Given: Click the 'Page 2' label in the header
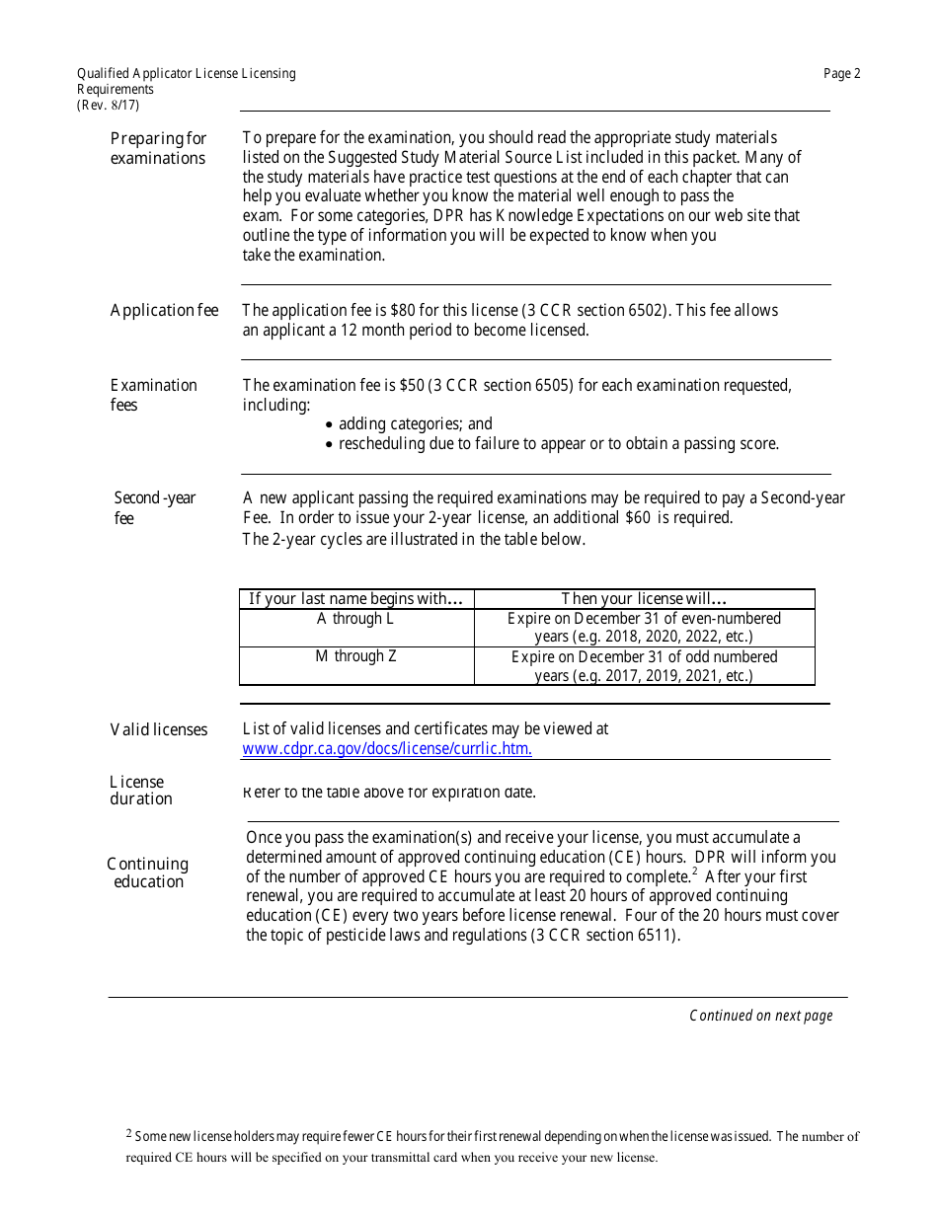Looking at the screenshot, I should point(841,73).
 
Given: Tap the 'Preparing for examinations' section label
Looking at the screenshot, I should point(158,148).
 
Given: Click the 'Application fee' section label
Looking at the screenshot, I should point(164,311).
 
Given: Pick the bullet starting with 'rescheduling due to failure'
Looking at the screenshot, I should point(558,444).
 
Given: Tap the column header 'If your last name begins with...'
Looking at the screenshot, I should point(355,599).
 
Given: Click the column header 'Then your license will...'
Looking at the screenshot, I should point(644,599).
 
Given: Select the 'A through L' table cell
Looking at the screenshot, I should point(355,619).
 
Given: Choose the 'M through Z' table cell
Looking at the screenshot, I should point(355,656).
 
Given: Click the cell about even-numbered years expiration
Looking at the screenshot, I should point(644,628).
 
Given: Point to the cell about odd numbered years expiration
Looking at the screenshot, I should point(644,666).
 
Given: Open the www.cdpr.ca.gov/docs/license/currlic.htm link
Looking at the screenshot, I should point(387,748).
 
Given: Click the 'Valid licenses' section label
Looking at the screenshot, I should point(159,730).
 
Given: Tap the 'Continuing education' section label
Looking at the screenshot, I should point(148,873).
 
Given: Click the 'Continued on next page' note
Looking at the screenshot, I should point(760,1016).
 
